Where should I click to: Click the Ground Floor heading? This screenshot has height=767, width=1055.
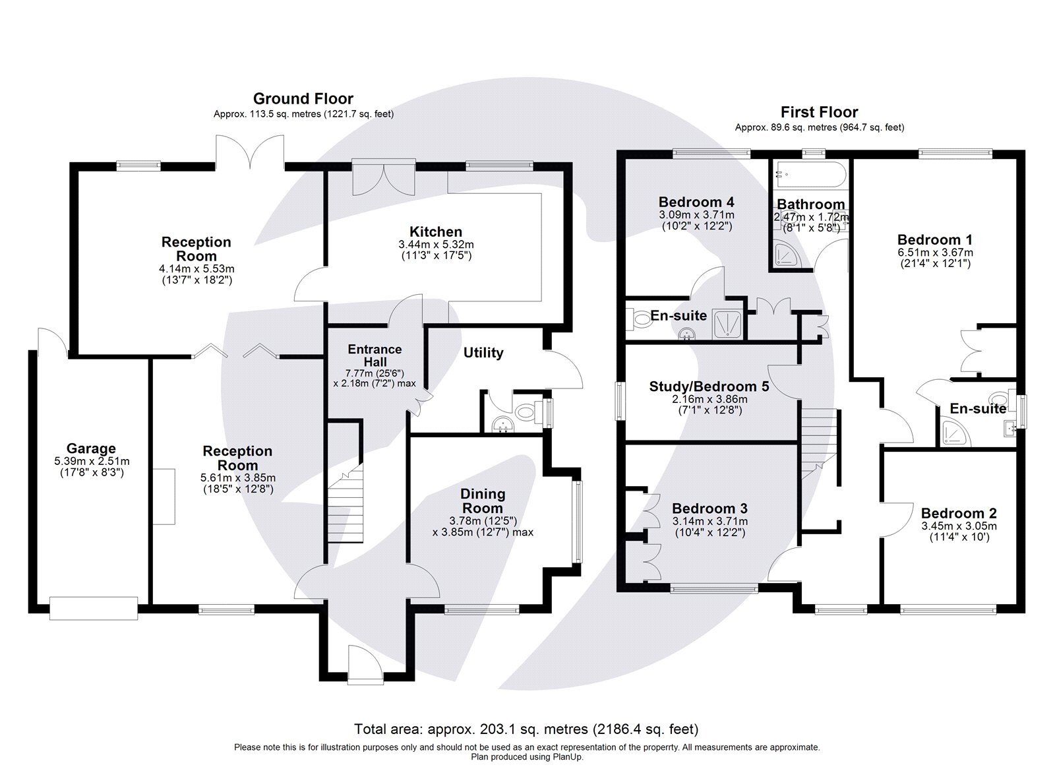click(x=303, y=99)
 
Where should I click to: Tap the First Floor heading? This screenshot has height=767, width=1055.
click(x=819, y=112)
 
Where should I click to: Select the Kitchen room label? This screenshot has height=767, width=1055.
click(x=436, y=231)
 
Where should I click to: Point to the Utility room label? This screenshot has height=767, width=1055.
click(x=483, y=353)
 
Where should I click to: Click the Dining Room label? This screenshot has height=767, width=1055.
click(x=483, y=501)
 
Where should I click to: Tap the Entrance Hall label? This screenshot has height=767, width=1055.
click(x=375, y=355)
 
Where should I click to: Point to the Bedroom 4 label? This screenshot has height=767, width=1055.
click(x=696, y=202)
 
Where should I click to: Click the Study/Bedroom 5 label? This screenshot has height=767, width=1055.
click(x=709, y=386)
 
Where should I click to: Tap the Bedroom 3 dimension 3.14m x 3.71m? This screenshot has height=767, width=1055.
click(x=709, y=521)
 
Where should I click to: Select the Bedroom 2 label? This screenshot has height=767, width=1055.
click(x=958, y=513)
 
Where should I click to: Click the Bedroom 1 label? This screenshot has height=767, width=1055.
click(x=935, y=239)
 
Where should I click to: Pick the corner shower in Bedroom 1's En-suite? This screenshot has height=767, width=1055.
click(x=951, y=433)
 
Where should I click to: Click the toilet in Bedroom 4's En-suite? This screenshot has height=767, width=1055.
click(x=639, y=319)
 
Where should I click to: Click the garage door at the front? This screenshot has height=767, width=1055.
click(x=93, y=607)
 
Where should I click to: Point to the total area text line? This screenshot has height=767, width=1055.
click(x=526, y=729)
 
